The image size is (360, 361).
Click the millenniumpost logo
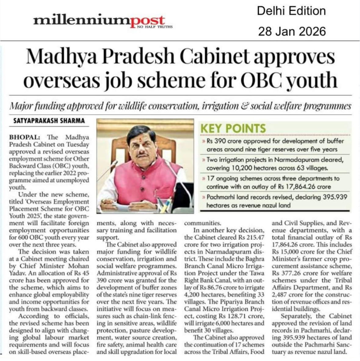tap(99, 21)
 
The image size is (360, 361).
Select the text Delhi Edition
tap(291, 11)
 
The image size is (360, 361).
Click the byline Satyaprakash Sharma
tap(49, 120)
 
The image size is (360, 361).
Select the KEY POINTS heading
tap(233, 129)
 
